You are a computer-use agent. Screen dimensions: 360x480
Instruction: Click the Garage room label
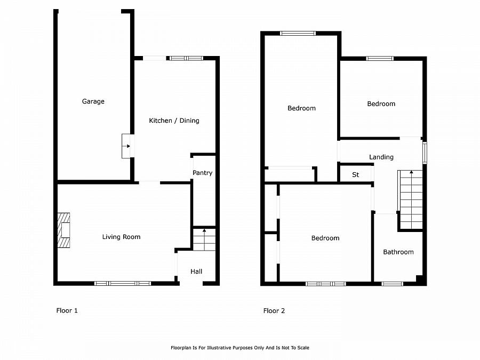coord(93,101)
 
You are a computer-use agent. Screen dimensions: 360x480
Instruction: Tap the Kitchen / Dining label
coord(174,121)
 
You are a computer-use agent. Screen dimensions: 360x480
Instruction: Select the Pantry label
coord(202,173)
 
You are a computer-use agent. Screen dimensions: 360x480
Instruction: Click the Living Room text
coord(121,237)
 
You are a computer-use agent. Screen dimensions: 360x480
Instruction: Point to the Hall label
coord(196,271)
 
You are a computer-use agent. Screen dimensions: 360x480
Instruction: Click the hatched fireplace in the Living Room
coord(63,231)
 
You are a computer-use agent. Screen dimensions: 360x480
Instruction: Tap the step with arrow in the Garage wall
coord(126,146)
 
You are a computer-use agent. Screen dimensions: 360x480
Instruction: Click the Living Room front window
coord(123,283)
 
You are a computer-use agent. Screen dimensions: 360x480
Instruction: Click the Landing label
coord(381,157)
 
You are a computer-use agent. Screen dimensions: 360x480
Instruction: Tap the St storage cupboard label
coord(355,174)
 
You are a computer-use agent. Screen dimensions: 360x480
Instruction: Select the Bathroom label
coord(398,252)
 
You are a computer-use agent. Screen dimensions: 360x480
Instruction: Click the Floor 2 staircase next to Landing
coord(410,199)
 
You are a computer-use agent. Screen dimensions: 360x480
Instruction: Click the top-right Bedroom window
coord(380,58)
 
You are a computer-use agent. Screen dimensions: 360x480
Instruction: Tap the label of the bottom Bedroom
coord(325,238)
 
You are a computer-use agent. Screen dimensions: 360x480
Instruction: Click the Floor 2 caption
coord(274,310)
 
